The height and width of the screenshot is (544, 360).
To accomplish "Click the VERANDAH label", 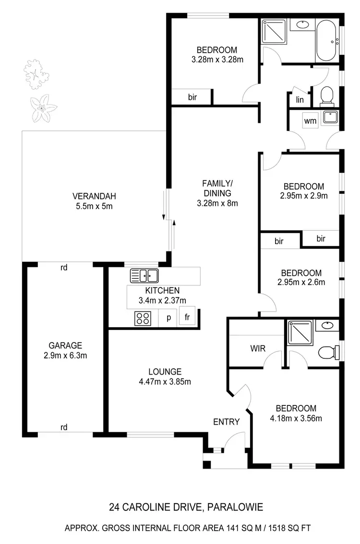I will [94, 196].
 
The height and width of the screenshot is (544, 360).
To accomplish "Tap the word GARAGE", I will [65, 345].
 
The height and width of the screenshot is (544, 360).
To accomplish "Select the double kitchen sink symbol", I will [144, 275].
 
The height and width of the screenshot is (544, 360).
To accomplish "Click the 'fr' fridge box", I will [186, 317].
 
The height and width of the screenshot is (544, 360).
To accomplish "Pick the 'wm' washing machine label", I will [311, 121].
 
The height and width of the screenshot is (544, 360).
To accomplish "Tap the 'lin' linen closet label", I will [300, 100].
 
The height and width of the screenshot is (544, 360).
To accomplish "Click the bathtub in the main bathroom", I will [327, 40].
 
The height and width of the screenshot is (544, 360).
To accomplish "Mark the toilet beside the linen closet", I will [326, 96].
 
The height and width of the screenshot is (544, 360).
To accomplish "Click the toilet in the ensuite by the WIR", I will [328, 353].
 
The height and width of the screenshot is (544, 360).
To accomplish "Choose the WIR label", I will [258, 348].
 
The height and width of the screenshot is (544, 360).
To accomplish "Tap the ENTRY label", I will [226, 422].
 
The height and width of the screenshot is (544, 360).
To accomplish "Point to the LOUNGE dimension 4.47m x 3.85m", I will [165, 382].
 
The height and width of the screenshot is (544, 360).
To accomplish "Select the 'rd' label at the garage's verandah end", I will [64, 268].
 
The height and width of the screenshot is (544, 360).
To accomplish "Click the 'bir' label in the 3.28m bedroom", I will [192, 97].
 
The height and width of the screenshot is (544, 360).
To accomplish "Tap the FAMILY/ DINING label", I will [217, 188].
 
